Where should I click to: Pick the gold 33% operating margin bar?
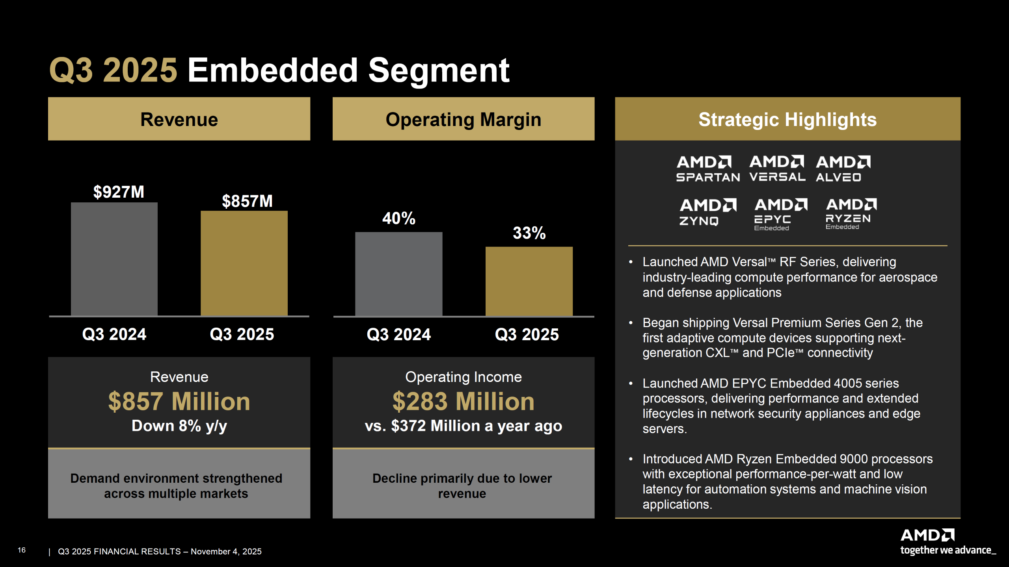pos(529,281)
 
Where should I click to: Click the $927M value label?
pos(119,192)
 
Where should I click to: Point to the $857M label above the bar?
pos(247,201)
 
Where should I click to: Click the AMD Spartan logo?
pos(707,169)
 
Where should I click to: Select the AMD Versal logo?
pos(777,169)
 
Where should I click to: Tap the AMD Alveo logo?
pos(843,169)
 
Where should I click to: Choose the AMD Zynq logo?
pos(707,212)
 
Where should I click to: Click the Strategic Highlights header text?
pos(787,119)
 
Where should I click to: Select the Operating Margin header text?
pos(463,119)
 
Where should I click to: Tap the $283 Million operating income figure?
pos(463,402)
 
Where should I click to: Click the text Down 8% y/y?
pos(179,426)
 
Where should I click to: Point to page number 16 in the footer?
pos(22,550)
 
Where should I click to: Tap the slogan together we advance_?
pos(948,550)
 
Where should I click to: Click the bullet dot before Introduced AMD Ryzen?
pos(631,459)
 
